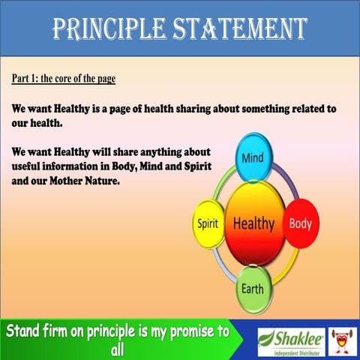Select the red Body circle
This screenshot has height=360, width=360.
pyautogui.click(x=301, y=223)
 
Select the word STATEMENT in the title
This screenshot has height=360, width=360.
pyautogui.click(x=240, y=28)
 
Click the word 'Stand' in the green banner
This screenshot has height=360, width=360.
pyautogui.click(x=28, y=331)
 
